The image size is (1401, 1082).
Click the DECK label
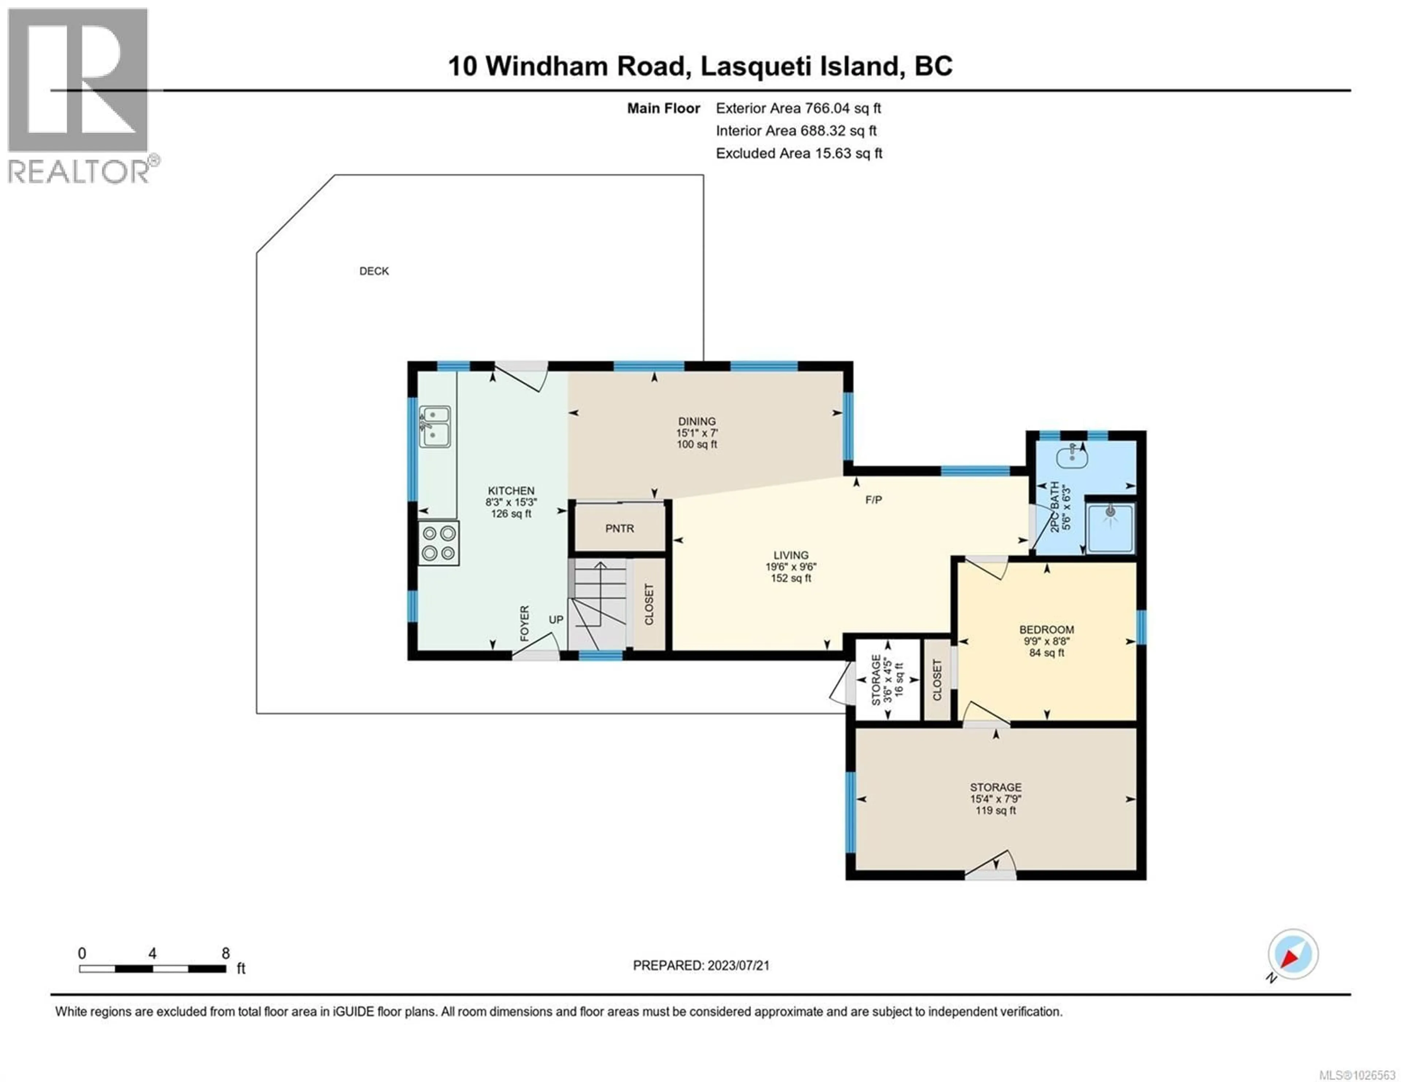[x=374, y=271]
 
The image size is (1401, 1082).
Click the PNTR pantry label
[x=619, y=528]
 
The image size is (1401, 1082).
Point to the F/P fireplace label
[x=873, y=500]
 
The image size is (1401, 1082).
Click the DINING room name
[x=696, y=421]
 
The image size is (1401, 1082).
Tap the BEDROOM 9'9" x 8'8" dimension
[x=1046, y=641]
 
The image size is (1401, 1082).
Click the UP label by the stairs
[x=556, y=620]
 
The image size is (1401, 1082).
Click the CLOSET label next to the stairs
[x=649, y=604]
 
